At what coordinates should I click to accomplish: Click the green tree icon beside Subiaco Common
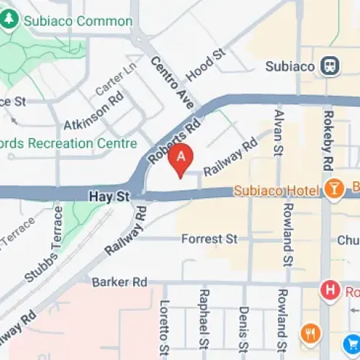point(9,21)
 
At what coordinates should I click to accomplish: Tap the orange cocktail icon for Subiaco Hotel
point(333,189)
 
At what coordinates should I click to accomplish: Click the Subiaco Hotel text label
point(285,190)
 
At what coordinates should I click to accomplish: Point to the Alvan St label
point(279,132)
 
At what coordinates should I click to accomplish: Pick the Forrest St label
point(210,238)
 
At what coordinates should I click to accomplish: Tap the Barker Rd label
point(116,282)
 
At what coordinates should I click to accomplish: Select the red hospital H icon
point(330,291)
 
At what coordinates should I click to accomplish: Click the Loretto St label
point(164,328)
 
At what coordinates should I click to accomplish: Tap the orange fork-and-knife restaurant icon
point(311,333)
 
